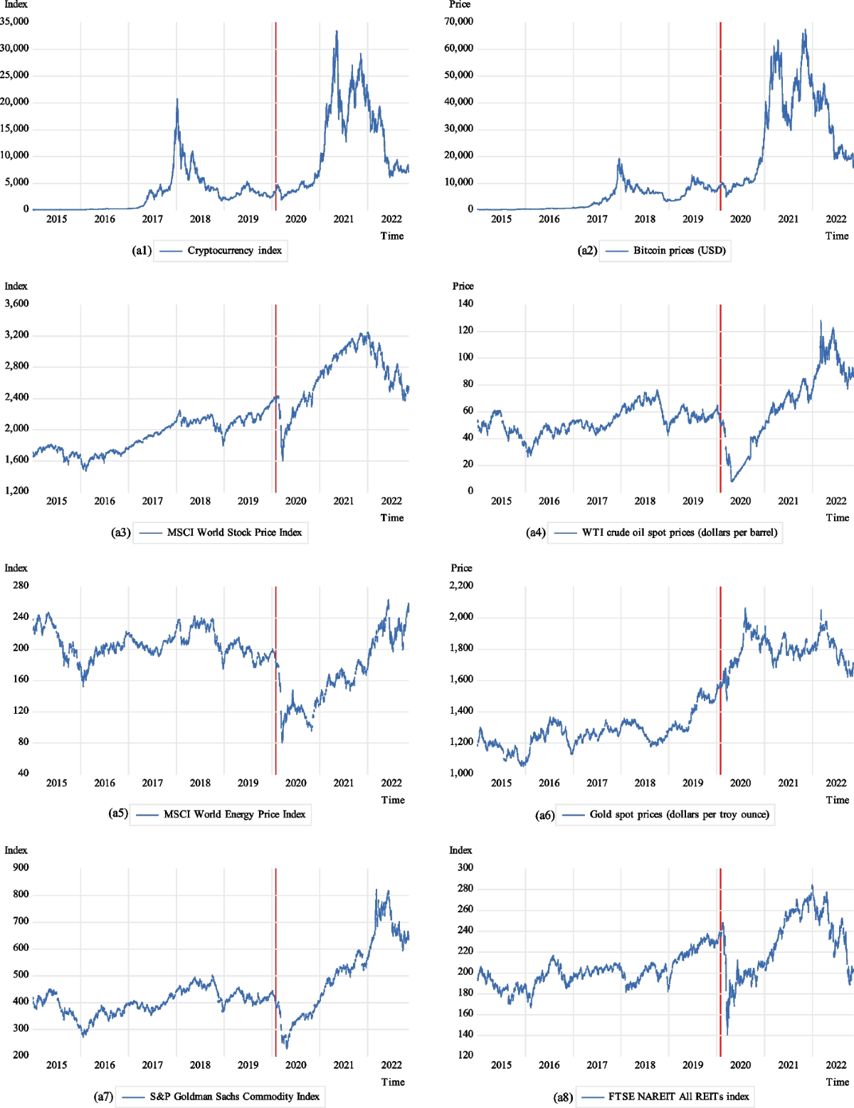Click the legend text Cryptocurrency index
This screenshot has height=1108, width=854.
(x=234, y=250)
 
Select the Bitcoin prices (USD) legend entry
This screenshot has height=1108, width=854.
(x=679, y=250)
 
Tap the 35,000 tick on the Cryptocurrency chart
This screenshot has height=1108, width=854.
(x=15, y=21)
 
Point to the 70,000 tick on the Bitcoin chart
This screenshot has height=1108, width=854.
(x=458, y=21)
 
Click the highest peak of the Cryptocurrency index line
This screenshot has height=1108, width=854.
(x=337, y=31)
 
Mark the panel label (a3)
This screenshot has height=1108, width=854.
(x=121, y=532)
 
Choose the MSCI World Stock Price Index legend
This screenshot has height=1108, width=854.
(x=234, y=532)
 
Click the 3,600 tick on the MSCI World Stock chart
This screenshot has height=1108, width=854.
(x=17, y=303)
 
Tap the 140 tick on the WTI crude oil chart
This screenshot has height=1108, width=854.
(x=465, y=303)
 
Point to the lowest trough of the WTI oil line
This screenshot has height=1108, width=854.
(x=732, y=482)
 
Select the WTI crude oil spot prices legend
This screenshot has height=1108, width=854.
(x=679, y=532)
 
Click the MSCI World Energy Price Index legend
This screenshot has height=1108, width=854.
(x=234, y=814)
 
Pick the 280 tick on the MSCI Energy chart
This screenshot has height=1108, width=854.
(x=21, y=585)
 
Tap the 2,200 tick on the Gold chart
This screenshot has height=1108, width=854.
(x=461, y=585)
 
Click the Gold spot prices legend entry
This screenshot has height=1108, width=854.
(x=679, y=814)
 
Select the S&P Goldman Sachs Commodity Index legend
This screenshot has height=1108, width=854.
(x=234, y=1097)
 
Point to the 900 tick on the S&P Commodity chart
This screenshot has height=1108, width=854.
(x=21, y=867)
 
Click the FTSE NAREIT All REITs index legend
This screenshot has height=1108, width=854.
(x=678, y=1097)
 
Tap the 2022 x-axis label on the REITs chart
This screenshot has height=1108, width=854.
(x=835, y=1065)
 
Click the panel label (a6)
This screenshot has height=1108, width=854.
(x=544, y=815)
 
